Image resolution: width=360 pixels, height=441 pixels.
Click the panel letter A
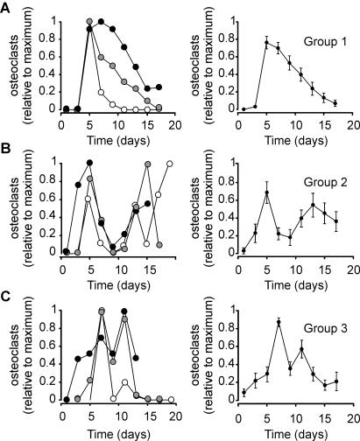[x=8, y=9]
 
